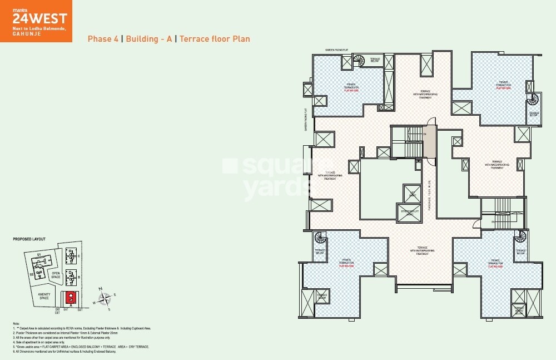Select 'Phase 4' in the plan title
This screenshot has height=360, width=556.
[102, 39]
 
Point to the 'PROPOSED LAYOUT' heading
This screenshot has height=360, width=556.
[29, 239]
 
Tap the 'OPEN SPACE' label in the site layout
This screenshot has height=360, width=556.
[56, 275]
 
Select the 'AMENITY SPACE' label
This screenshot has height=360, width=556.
[44, 295]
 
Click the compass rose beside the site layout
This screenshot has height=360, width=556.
[103, 299]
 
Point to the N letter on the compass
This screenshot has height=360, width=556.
[100, 289]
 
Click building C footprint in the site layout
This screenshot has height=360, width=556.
[71, 256]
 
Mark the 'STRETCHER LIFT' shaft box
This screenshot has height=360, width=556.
[408, 211]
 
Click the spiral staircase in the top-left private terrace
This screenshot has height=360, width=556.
[359, 61]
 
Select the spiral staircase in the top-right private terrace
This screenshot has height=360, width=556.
[533, 100]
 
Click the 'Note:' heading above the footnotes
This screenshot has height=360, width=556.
[16, 323]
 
